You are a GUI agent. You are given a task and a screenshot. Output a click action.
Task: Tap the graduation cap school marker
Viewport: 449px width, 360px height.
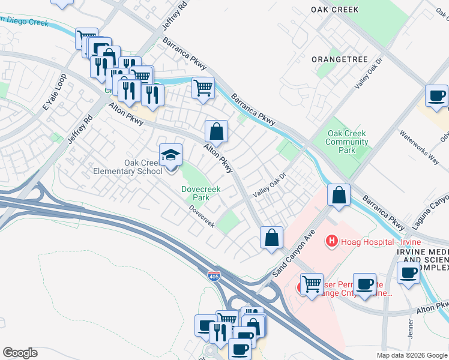point(170,155)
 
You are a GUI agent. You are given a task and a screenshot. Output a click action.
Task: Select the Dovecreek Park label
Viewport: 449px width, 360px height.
point(201,193)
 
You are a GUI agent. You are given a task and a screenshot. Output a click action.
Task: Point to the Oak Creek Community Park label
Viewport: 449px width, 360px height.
point(347,142)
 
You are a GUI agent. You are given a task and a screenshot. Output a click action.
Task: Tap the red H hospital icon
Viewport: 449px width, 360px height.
point(330,241)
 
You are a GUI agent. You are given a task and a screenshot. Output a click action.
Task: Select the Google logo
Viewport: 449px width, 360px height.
point(20,353)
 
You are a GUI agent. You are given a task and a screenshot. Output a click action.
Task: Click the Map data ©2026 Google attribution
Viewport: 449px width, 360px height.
point(412,355)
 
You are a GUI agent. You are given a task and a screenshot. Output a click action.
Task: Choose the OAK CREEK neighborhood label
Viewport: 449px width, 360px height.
point(335,10)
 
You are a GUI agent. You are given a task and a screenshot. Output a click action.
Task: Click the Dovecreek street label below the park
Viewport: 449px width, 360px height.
point(202,217)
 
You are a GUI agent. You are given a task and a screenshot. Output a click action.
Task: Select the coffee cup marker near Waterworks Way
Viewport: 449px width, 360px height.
point(436,95)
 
